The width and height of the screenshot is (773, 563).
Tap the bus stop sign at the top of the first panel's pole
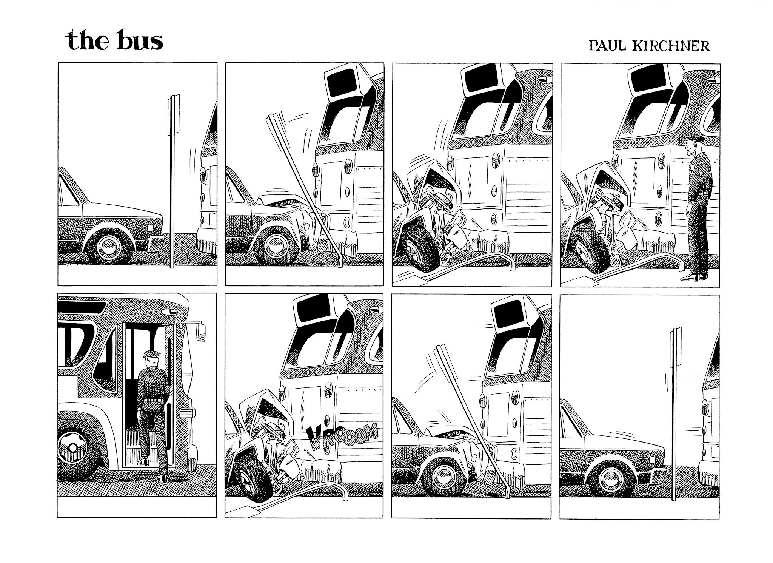(x=174, y=113)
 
